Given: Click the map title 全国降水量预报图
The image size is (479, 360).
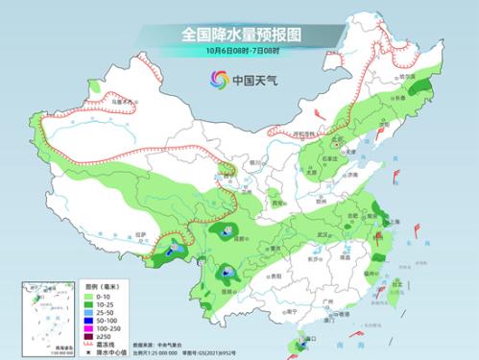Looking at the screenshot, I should click(239, 34).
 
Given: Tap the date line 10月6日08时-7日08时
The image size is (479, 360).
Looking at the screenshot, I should click(239, 50).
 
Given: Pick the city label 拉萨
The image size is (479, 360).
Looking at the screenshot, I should click(142, 233).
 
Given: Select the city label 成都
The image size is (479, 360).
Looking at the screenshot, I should click(231, 238).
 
